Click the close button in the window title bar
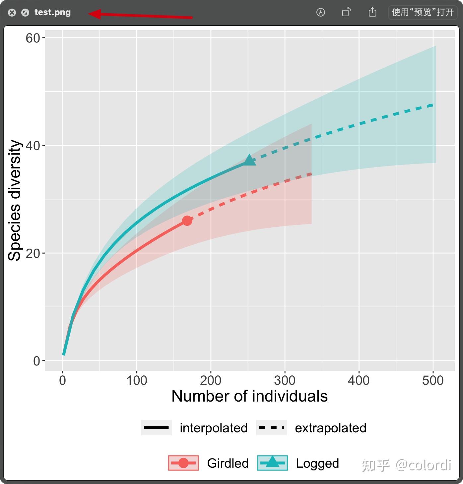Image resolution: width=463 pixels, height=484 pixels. pos(12,13)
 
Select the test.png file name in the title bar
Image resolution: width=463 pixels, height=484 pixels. pos(52,13)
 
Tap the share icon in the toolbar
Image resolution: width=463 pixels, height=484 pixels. pos(372,12)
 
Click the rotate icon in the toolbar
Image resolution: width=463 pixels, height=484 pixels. pos(346,12)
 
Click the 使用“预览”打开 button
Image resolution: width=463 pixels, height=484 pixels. pos(423,12)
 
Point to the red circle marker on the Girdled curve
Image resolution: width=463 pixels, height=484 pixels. pos(187,220)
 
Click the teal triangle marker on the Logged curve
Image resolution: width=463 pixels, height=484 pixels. pos(249,161)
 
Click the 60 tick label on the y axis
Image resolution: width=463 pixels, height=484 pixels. pos(33,38)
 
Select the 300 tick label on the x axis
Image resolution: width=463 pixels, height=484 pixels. pos(285,381)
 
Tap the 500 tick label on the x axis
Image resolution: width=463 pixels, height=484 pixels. pos(433,381)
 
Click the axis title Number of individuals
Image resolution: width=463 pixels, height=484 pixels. pos(249,396)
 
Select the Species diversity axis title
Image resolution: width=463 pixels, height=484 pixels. pos(15,200)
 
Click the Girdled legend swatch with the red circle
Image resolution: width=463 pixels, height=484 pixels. pos(183,463)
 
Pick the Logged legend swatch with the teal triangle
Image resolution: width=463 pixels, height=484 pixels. pos(272,463)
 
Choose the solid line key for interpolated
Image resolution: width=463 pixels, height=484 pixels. pos(156,428)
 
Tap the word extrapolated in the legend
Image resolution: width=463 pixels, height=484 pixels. pos(331,428)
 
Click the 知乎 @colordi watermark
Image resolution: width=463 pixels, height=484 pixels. pos(406,465)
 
